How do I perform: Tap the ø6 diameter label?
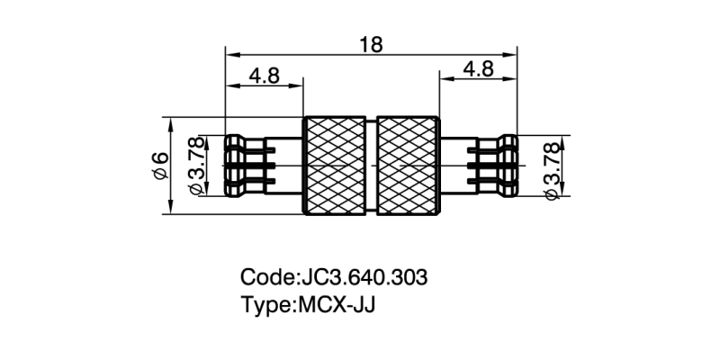(x=162, y=166)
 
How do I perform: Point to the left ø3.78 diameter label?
(x=195, y=166)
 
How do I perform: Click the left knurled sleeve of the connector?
(x=337, y=166)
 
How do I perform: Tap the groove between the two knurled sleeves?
(x=373, y=166)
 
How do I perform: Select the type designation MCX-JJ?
(x=336, y=303)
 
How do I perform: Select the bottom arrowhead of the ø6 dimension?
(x=171, y=210)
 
